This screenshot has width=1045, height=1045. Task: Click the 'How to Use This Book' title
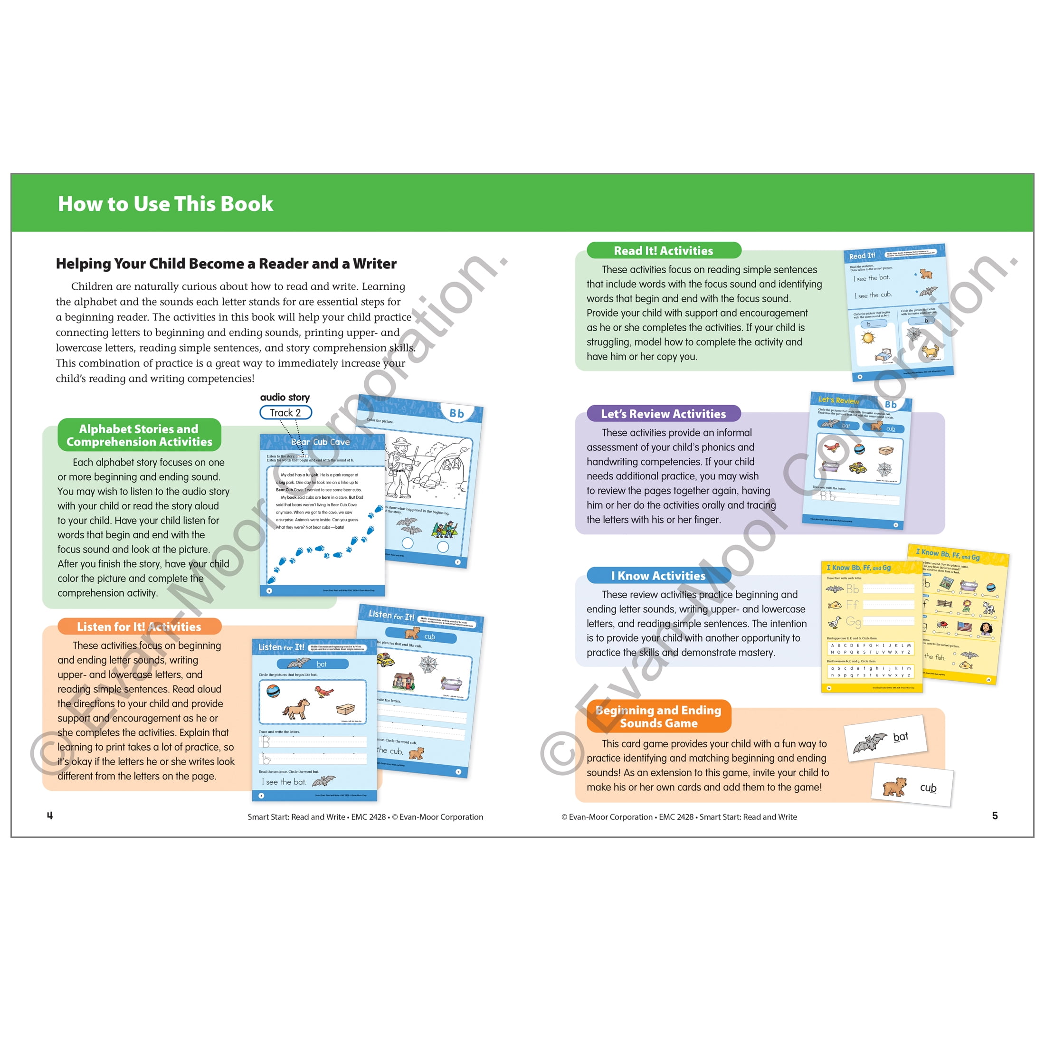click(165, 204)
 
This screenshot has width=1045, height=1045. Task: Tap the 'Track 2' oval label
click(285, 413)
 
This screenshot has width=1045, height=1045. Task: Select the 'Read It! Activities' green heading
click(663, 250)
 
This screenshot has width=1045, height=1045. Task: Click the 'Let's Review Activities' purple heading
click(663, 414)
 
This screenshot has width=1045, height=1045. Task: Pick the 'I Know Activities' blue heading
click(658, 576)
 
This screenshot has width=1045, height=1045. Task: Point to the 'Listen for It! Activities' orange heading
click(139, 627)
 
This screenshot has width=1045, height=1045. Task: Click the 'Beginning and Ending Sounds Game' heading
click(658, 716)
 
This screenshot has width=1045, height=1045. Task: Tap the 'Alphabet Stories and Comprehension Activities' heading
click(139, 436)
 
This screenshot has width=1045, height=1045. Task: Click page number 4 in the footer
click(50, 816)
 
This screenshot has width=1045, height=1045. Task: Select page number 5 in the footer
click(995, 816)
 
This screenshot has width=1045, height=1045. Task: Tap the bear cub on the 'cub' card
click(894, 787)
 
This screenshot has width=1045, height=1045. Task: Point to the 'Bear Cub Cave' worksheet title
click(320, 442)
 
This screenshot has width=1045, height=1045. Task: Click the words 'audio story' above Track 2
click(285, 397)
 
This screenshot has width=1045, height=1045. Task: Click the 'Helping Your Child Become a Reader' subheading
click(226, 264)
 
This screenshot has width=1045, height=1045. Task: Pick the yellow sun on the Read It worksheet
click(868, 338)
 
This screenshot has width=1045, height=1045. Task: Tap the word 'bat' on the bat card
click(901, 737)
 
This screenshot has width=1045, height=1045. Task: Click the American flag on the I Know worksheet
click(964, 627)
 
